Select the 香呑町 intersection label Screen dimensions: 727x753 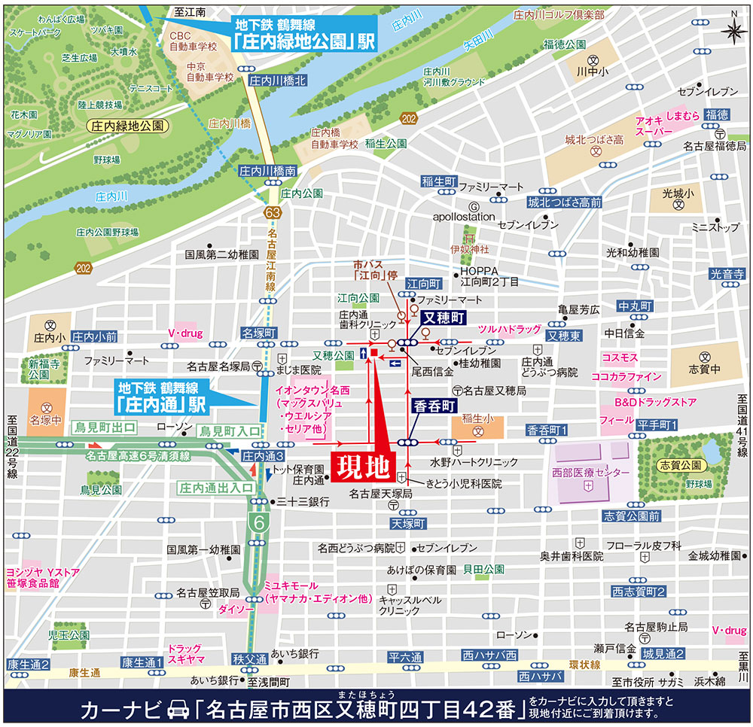click(x=432, y=405)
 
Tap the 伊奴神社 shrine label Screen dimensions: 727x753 click(x=470, y=248)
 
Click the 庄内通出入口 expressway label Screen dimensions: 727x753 click(x=216, y=487)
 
